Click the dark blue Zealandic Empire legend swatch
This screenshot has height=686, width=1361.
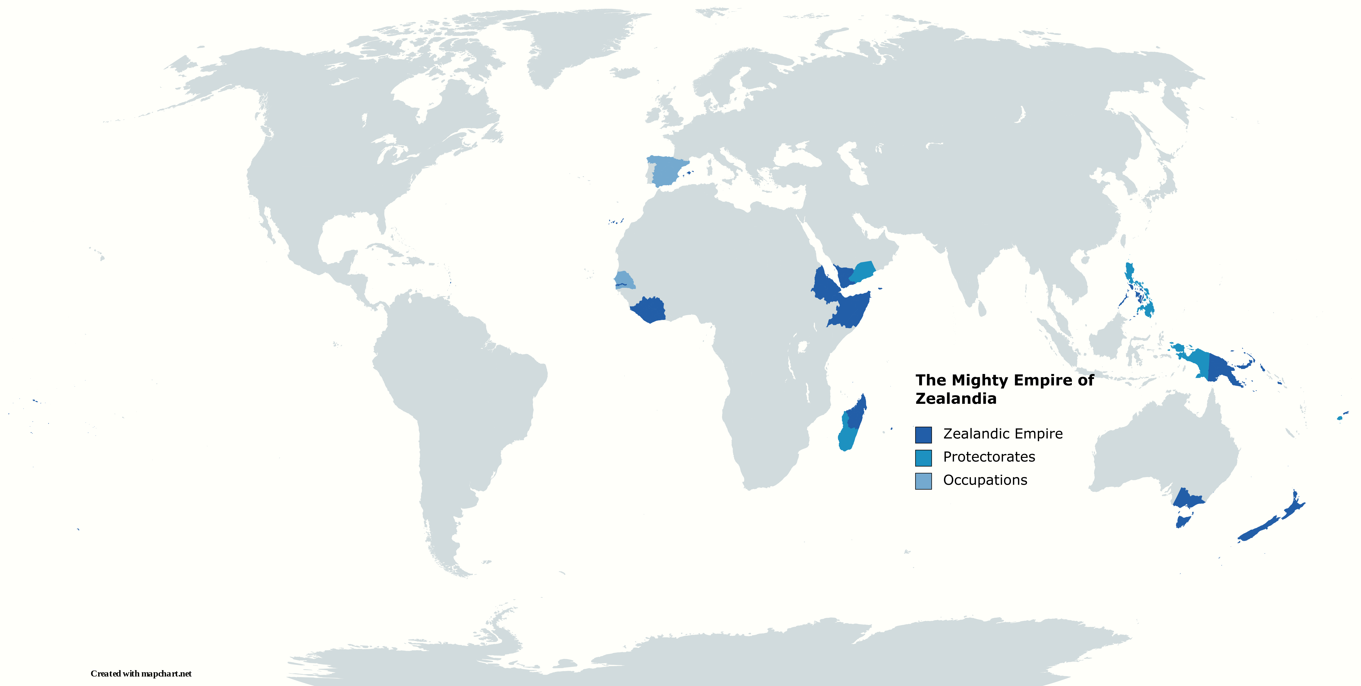[x=923, y=434]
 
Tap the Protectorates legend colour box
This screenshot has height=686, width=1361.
[x=923, y=458]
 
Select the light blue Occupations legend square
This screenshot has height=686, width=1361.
[x=923, y=481]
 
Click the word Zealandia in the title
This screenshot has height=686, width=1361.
[x=956, y=399]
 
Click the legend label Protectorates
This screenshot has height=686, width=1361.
[x=989, y=457]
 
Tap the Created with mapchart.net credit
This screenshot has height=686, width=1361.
[x=141, y=673]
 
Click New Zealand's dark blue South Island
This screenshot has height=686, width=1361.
[x=1257, y=530]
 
